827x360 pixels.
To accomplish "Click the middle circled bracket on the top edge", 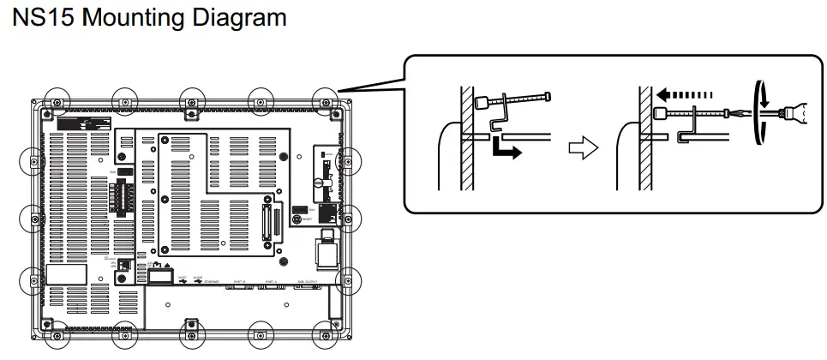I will coord(190,100).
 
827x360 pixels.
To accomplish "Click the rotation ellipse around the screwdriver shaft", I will coord(758,112).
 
